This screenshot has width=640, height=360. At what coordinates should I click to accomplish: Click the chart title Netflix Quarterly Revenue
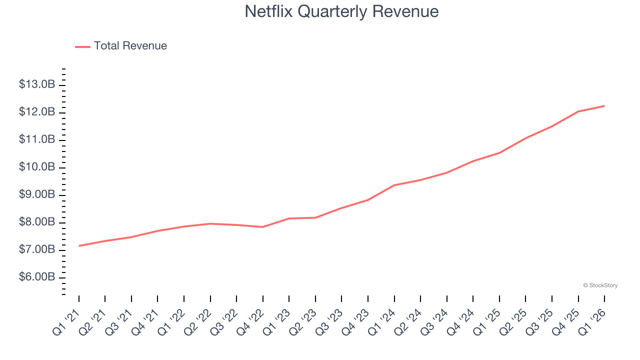[341, 11]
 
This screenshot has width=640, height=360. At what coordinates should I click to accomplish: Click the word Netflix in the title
[268, 11]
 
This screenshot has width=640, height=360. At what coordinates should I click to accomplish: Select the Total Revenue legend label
[130, 46]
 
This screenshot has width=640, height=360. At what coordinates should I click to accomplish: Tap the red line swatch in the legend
[82, 46]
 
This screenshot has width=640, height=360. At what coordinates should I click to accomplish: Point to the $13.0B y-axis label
[37, 84]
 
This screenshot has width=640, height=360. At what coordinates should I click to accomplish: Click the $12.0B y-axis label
[37, 112]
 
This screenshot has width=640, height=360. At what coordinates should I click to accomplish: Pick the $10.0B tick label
[37, 167]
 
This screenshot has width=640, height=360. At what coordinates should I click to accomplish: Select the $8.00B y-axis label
[37, 222]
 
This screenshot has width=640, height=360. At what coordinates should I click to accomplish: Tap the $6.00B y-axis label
[37, 277]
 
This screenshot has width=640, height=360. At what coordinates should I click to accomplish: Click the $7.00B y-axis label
[37, 249]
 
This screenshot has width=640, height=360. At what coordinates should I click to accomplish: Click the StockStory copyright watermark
[600, 285]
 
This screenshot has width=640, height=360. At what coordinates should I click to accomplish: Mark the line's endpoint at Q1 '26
[604, 106]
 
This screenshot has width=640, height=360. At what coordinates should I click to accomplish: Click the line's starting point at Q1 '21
[79, 245]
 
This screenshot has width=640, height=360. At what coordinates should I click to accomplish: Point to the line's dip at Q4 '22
[263, 227]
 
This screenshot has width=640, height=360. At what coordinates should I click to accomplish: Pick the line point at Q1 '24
[394, 185]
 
